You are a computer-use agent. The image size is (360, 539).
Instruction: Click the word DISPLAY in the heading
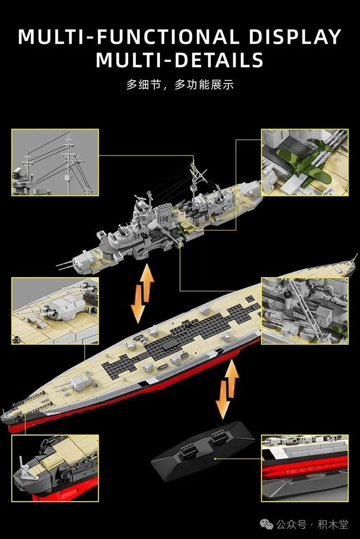tap(295, 37)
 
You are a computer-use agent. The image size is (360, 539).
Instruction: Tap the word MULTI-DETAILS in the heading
tap(180, 60)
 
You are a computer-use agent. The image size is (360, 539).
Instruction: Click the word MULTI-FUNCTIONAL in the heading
tap(129, 37)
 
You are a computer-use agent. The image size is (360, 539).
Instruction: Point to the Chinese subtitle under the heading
tap(180, 84)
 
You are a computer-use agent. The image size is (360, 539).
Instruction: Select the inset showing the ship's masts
tap(55, 163)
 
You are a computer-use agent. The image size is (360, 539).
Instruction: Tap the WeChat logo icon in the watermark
tap(267, 524)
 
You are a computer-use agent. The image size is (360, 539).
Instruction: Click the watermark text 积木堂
tap(333, 524)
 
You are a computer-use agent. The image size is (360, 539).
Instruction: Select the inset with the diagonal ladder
tap(305, 311)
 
